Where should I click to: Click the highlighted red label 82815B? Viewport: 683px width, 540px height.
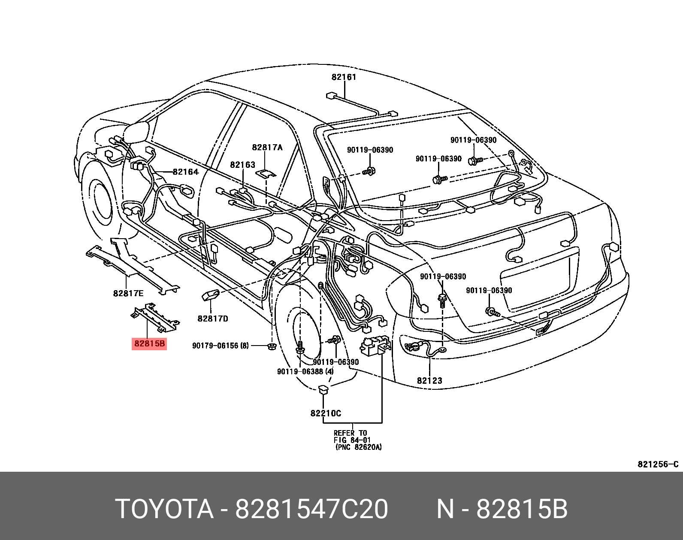point(149,344)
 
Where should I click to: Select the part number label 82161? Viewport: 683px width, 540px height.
point(344,77)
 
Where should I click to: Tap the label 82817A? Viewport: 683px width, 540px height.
point(267,147)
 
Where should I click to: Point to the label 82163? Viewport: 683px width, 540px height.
point(242,164)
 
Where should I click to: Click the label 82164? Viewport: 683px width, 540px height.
point(185,172)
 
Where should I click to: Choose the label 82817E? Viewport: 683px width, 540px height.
point(128,294)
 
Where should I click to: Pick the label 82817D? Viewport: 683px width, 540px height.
point(213,319)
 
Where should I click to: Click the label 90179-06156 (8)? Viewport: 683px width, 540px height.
point(220,346)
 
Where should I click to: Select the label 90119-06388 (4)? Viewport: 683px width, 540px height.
point(305,371)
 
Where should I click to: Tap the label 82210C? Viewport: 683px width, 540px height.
point(326,413)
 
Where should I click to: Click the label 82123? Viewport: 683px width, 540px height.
point(429,380)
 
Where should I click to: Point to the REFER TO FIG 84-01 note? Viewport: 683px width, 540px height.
point(358,440)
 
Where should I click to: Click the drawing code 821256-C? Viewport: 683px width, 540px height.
point(658,464)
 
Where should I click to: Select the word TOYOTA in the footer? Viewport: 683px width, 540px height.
point(164,509)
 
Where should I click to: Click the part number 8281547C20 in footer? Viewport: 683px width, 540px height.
point(311,509)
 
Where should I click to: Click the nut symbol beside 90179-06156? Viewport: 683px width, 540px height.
point(271,346)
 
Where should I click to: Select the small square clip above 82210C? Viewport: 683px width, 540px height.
point(323,390)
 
